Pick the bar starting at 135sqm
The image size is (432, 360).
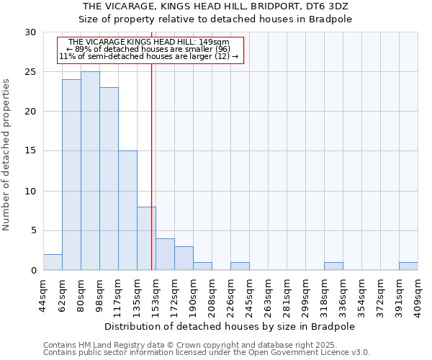(146, 238)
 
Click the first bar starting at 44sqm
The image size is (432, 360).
(53, 262)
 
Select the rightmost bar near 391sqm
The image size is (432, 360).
(408, 266)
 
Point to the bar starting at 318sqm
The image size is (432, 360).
(333, 266)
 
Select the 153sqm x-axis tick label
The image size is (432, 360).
(156, 296)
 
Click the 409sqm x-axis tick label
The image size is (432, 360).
(418, 296)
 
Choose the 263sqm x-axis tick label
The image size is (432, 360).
(269, 296)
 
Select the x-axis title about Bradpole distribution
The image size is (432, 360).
(230, 326)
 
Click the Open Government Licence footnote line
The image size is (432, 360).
(207, 353)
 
